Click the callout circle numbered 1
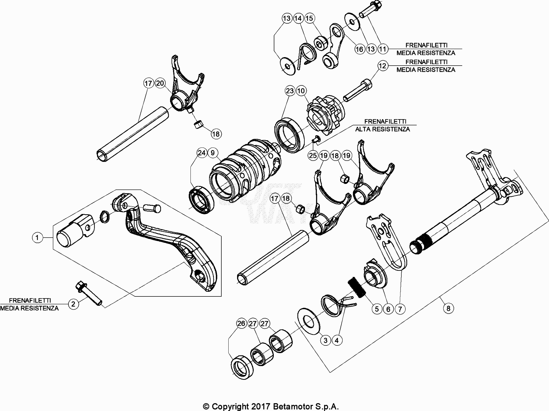point(37,238)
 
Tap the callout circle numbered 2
point(73,304)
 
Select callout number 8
point(448,308)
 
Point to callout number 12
point(382,66)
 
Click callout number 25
point(313,155)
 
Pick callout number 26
point(241,324)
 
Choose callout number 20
point(160,83)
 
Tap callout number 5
point(377,309)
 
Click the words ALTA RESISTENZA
point(382,129)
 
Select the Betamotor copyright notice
point(271,407)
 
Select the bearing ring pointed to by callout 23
point(290,135)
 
